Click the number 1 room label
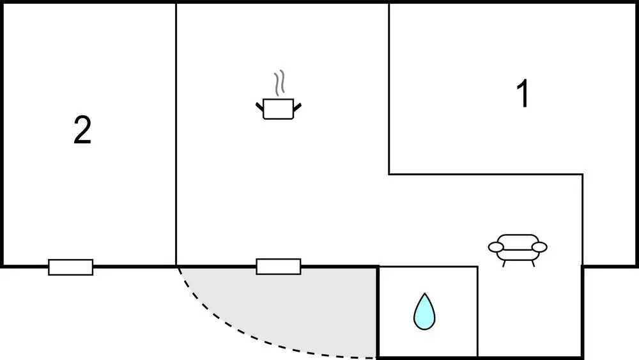523,93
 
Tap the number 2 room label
82,130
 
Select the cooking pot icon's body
279,109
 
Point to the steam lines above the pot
279,83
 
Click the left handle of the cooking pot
259,107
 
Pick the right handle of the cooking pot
297,107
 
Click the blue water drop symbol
424,311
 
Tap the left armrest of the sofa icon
496,247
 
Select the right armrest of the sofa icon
539,247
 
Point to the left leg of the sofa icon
504,264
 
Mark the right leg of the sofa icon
533,264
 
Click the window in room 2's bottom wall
70,267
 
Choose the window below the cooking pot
279,266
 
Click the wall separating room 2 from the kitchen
176,134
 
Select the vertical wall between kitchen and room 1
389,89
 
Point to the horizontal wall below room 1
486,175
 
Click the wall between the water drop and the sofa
477,312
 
